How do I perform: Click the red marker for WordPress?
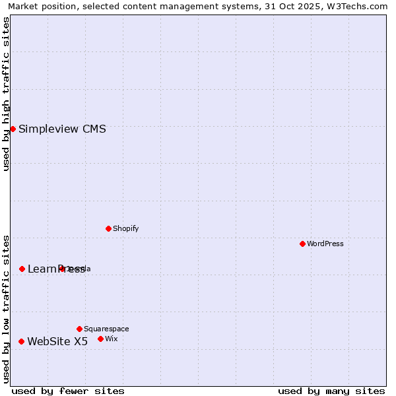click(x=302, y=244)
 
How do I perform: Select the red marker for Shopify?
click(x=108, y=228)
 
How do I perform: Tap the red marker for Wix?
click(x=100, y=339)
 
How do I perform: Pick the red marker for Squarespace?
click(x=79, y=329)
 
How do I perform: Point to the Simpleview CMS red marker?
click(x=13, y=129)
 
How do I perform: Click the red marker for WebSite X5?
click(x=21, y=341)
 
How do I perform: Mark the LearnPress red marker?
click(x=22, y=269)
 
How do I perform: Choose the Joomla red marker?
click(x=61, y=269)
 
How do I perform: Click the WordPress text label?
click(x=325, y=244)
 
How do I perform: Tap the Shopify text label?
click(x=125, y=228)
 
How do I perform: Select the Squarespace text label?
click(x=106, y=329)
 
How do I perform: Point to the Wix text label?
click(x=112, y=339)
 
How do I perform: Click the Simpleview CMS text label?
click(x=62, y=129)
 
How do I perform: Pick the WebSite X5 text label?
click(x=57, y=341)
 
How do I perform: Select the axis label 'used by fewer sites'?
click(x=68, y=391)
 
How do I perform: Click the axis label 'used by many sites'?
click(x=331, y=391)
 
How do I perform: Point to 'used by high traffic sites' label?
click(x=6, y=94)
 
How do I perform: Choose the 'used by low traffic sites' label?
click(x=6, y=308)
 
